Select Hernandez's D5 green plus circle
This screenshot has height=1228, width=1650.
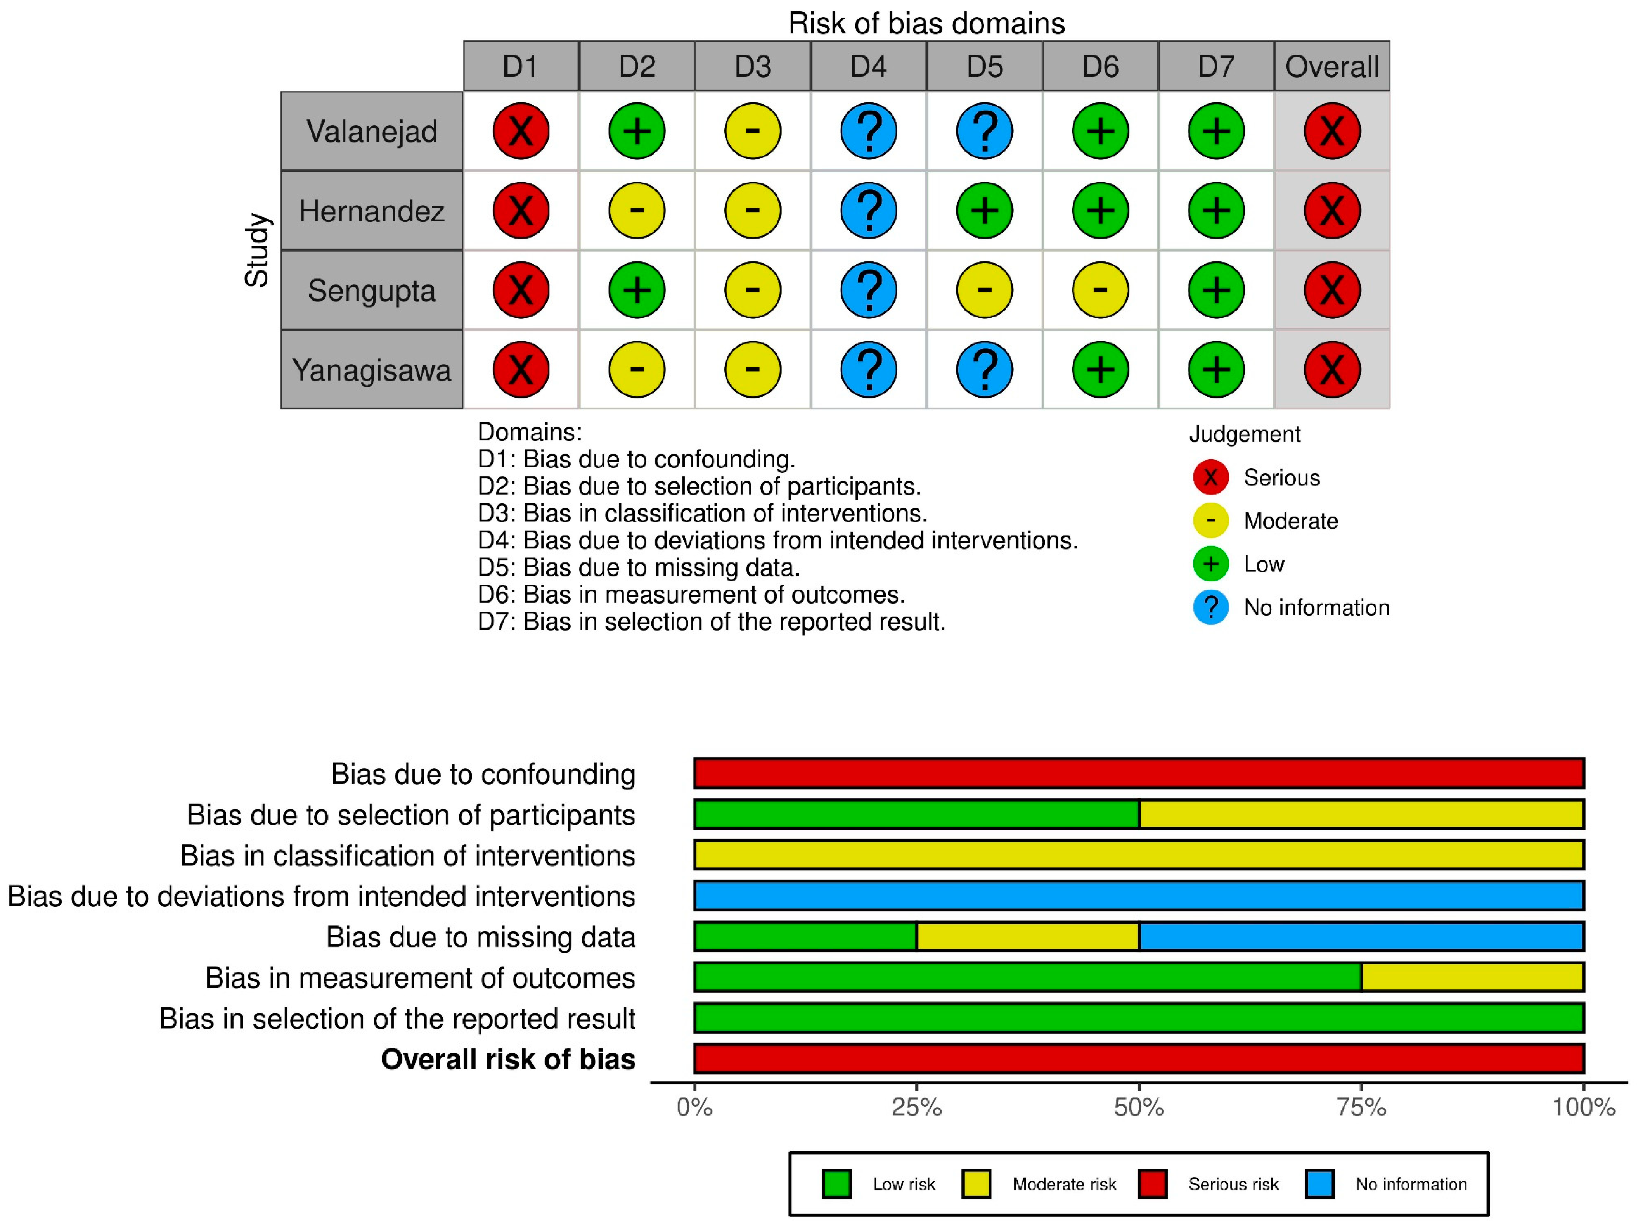[985, 211]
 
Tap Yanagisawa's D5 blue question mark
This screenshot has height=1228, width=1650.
[985, 369]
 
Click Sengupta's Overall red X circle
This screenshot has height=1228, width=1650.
[1332, 290]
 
